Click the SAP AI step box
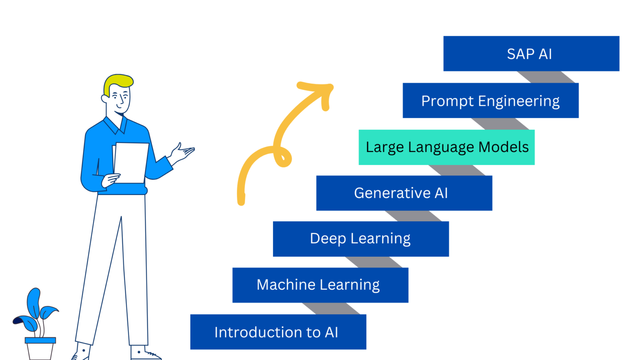click(531, 54)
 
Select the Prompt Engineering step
click(490, 100)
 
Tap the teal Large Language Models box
click(446, 147)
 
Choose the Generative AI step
click(404, 193)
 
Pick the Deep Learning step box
click(360, 239)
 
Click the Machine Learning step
click(320, 285)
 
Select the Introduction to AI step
click(278, 332)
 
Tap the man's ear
click(105, 98)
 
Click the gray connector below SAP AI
click(546, 77)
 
